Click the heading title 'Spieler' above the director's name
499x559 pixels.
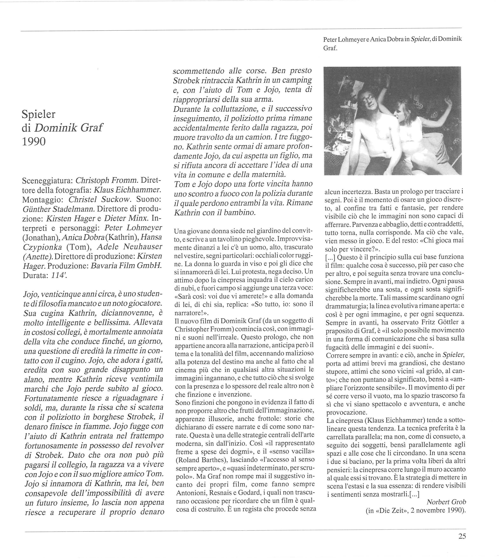click(x=38, y=114)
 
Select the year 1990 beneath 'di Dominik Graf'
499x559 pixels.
click(x=33, y=142)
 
